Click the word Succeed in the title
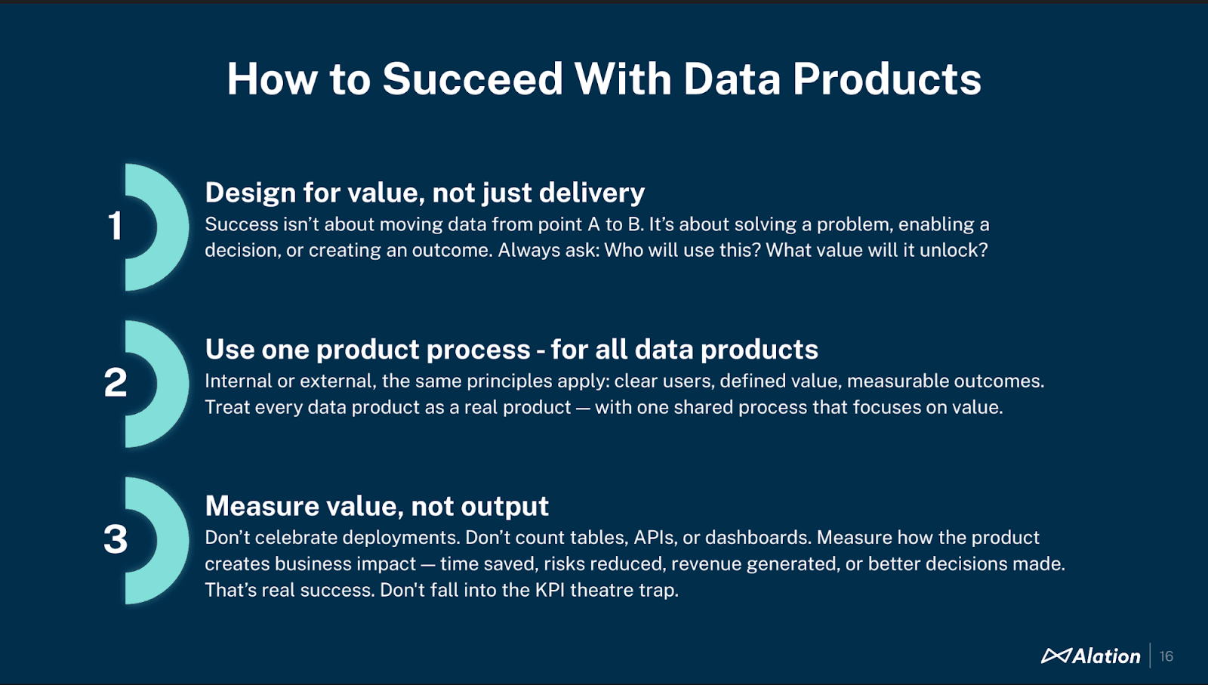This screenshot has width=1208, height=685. point(473,79)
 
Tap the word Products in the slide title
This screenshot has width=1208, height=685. point(886,79)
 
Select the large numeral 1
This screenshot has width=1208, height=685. point(115,226)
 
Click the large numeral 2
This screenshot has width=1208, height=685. point(116,382)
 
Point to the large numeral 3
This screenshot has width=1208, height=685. point(116,539)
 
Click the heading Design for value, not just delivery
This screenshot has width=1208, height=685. point(424,193)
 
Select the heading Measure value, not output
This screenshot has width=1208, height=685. point(377,506)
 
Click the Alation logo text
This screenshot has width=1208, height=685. point(1106,656)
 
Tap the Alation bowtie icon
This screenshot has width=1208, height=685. point(1055,656)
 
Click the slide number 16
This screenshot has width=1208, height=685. point(1166,656)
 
